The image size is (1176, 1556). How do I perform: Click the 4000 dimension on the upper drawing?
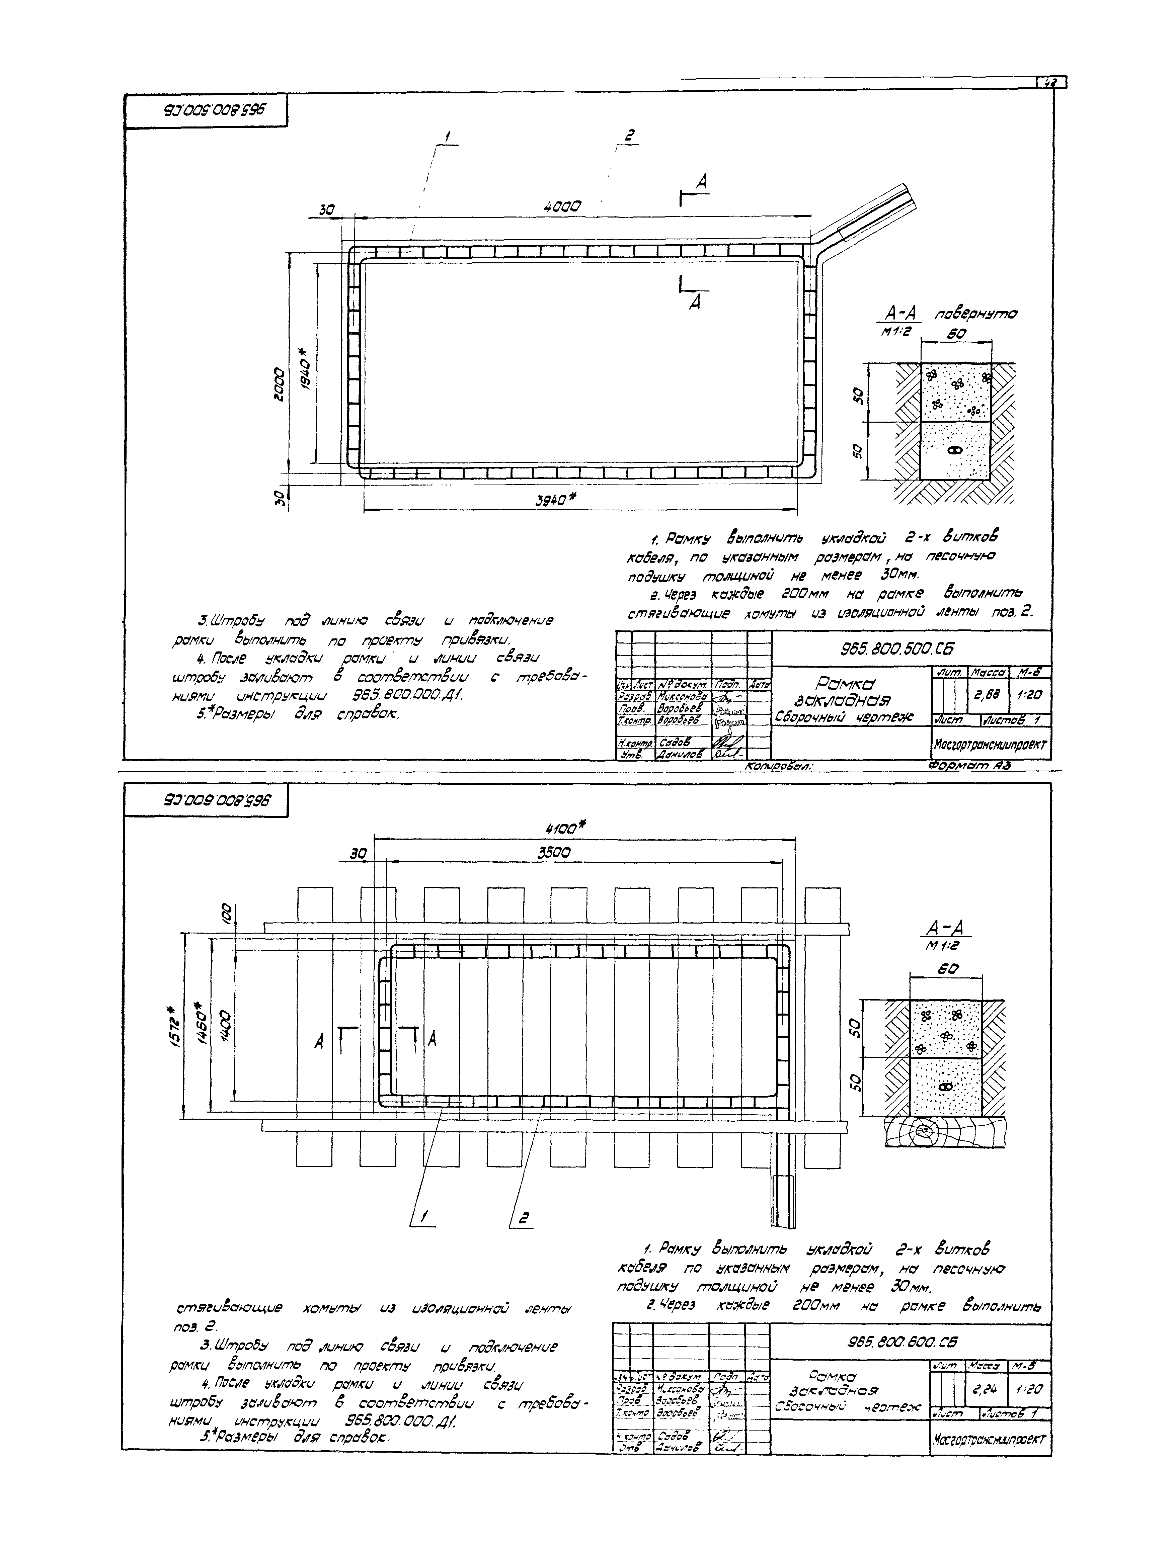pos(562,207)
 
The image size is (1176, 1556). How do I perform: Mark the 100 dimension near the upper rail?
pos(225,915)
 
